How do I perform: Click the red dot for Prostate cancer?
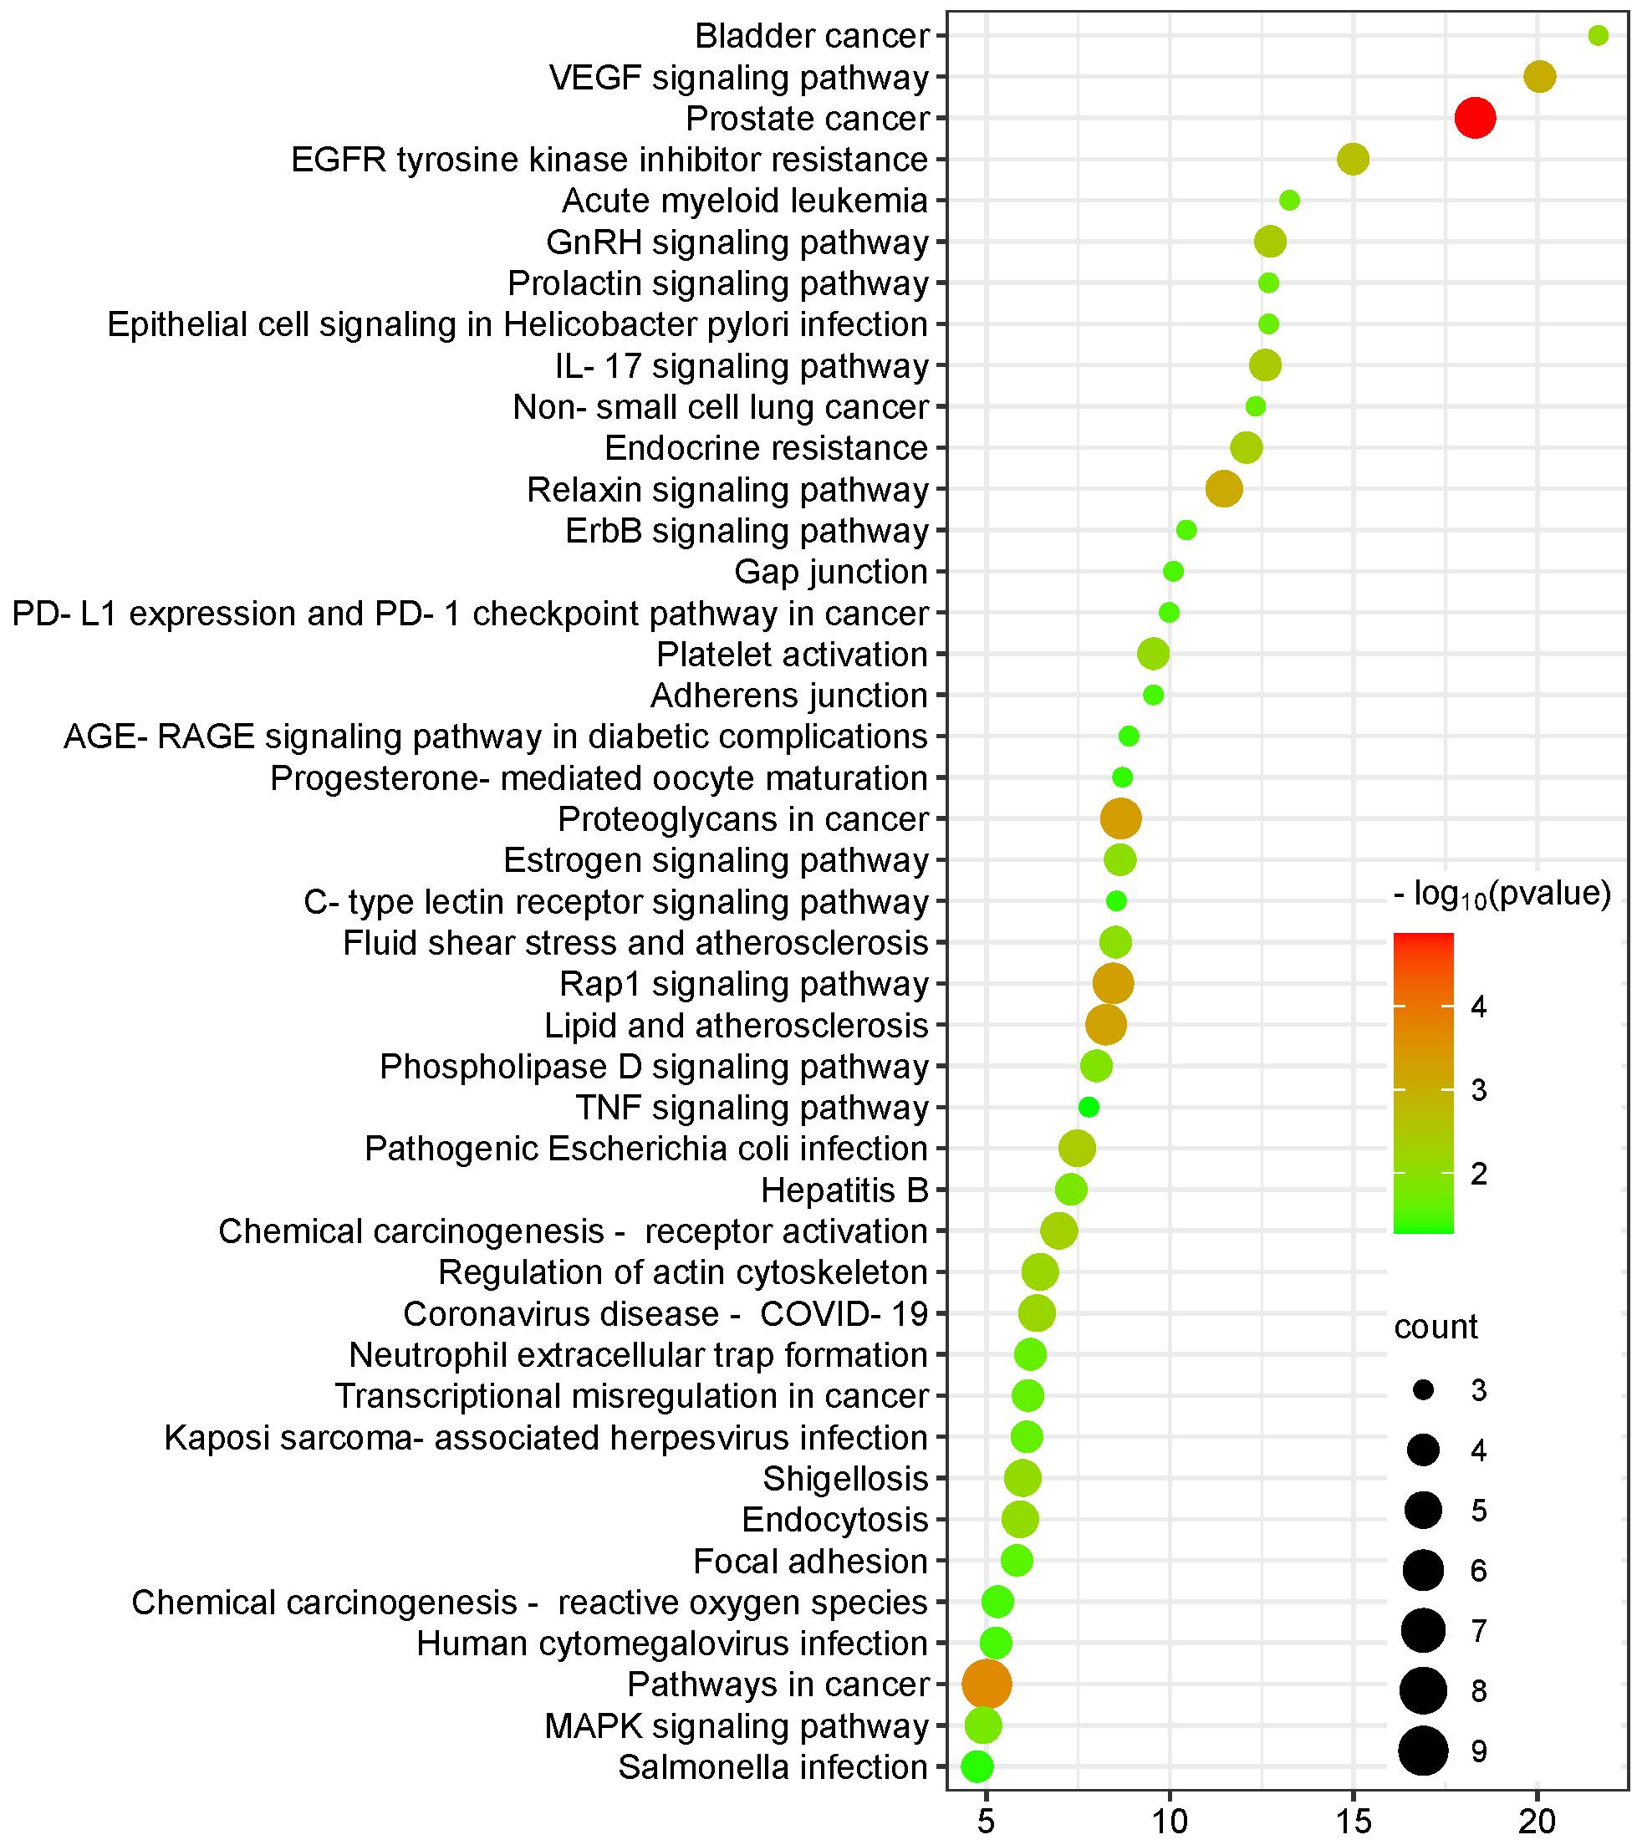1476,118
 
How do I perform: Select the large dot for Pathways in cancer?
987,1684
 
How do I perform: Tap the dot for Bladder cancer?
1597,36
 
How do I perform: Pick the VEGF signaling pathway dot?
1539,77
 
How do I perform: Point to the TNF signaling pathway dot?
1089,1108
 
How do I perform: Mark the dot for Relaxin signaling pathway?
1224,489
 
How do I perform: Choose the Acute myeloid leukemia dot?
1289,201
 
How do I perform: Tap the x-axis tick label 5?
986,1822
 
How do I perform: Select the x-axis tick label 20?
1537,1822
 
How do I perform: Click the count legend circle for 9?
1423,1751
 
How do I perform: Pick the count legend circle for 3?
1423,1391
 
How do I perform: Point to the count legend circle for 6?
1423,1571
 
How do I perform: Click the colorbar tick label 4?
1478,1007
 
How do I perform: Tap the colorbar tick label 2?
1478,1174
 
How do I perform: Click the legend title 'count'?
1436,1327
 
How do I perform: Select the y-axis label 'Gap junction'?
831,571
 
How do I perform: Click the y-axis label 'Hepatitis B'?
844,1190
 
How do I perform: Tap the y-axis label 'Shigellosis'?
845,1479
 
